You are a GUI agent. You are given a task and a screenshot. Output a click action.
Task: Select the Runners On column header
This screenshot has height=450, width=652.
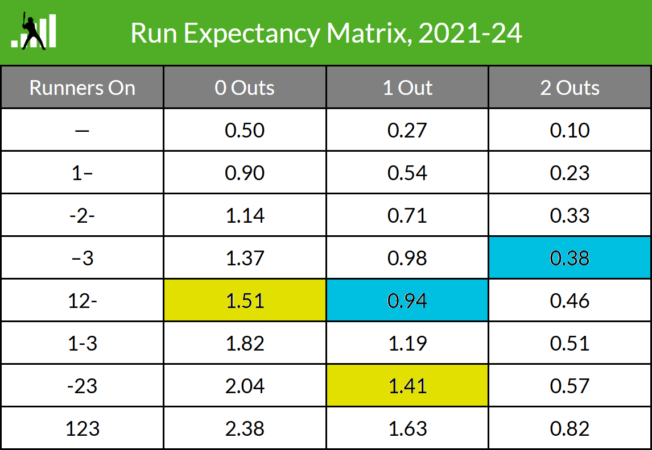click(x=82, y=88)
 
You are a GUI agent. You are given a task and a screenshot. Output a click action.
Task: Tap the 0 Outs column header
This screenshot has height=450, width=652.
click(x=245, y=88)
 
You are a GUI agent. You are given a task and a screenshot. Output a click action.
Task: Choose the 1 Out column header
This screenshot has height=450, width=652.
click(x=407, y=88)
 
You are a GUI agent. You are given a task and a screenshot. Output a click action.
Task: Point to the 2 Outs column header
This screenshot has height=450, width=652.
click(x=570, y=88)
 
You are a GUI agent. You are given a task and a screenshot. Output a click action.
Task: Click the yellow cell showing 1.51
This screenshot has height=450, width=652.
click(x=245, y=300)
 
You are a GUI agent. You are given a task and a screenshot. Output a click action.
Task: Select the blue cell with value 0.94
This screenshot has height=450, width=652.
click(x=407, y=300)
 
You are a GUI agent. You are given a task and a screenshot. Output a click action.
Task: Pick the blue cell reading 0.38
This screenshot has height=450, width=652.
click(x=570, y=258)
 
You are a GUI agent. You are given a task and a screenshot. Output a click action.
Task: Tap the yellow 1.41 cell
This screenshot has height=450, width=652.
click(x=407, y=386)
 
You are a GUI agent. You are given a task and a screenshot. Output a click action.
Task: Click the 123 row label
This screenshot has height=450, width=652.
click(x=82, y=428)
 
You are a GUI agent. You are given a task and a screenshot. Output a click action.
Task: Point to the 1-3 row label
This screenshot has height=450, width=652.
click(x=82, y=343)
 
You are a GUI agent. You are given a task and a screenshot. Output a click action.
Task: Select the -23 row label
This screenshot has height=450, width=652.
click(x=82, y=386)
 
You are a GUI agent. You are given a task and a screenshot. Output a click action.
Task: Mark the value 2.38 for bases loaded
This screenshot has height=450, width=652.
click(x=245, y=428)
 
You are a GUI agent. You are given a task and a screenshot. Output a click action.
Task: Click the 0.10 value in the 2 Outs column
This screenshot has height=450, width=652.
click(x=570, y=130)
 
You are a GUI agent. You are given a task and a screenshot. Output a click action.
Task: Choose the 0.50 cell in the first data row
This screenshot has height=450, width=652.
click(x=245, y=130)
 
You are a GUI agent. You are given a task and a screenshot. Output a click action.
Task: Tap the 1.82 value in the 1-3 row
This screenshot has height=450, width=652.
click(x=245, y=343)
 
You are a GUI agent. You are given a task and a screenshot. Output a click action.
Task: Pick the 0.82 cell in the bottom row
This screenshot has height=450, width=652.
click(x=570, y=428)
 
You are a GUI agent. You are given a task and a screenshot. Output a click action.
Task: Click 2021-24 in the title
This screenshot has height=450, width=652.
click(x=470, y=34)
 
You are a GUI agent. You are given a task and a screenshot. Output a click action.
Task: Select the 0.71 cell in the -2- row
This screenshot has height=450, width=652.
click(x=407, y=215)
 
